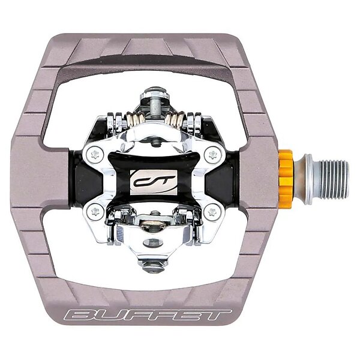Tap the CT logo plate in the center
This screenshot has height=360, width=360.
(154, 182)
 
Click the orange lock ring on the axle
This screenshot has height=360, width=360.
(286, 179)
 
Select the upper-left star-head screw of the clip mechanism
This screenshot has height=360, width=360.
(95, 155)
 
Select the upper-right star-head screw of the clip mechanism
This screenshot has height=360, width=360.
(213, 154)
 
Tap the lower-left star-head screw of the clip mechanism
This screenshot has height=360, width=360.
(95, 211)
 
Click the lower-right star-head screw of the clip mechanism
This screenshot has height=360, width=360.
(212, 211)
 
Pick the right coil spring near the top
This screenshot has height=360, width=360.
(174, 119)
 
